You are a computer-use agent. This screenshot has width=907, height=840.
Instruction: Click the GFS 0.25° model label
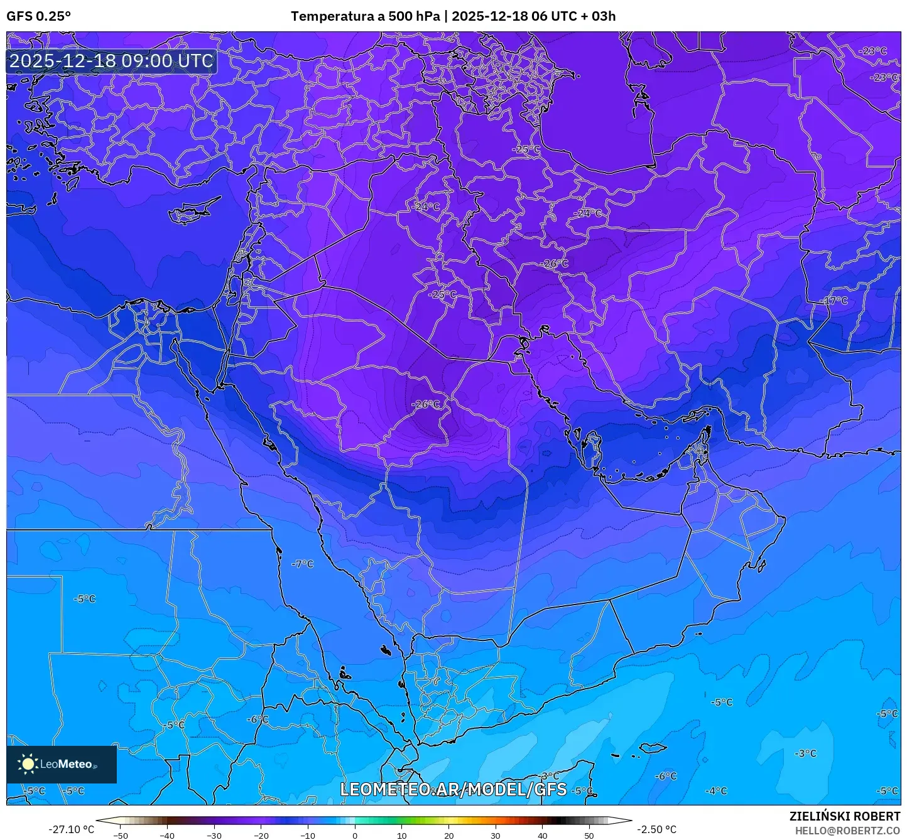(39, 16)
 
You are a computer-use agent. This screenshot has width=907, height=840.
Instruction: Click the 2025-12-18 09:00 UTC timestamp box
(111, 61)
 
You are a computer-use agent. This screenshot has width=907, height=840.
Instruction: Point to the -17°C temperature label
(834, 301)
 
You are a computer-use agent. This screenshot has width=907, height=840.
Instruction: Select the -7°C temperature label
(302, 564)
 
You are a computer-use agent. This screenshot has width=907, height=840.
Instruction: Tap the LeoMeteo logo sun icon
(28, 764)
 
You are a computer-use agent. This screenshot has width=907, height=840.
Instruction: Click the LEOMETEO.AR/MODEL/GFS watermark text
(453, 789)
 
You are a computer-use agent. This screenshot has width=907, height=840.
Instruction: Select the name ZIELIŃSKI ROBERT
(845, 816)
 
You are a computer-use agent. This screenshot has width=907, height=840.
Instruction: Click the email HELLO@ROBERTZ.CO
(847, 830)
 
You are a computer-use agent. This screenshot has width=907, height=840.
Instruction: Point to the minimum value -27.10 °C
(71, 829)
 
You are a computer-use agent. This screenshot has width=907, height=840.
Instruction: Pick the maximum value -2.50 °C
(657, 829)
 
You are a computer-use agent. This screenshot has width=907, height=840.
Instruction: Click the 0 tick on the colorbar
(355, 835)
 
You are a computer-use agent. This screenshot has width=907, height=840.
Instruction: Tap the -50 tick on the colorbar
(121, 835)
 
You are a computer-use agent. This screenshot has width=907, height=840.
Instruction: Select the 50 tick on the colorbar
(589, 835)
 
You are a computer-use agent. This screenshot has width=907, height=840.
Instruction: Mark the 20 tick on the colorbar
(448, 835)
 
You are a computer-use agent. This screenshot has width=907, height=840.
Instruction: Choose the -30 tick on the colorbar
(214, 835)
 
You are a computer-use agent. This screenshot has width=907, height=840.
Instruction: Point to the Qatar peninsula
(592, 448)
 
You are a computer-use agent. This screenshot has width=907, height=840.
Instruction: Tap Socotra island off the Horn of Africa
(653, 748)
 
